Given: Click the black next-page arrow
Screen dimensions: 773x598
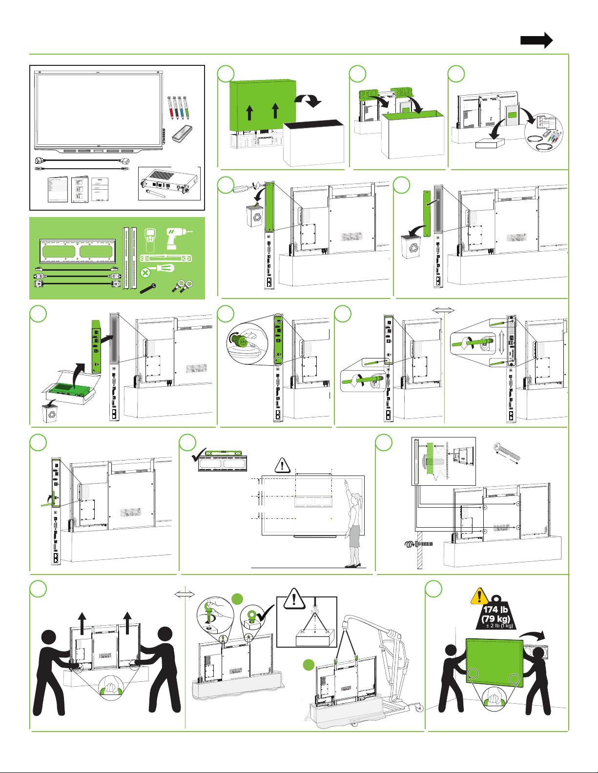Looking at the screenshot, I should click(x=536, y=40).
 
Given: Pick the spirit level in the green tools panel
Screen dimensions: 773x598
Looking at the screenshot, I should click(x=166, y=258).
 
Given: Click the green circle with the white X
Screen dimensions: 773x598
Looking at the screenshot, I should click(x=145, y=273).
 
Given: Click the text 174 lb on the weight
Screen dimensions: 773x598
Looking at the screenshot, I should click(x=495, y=610).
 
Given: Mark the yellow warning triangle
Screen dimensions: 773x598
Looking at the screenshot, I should click(x=479, y=596).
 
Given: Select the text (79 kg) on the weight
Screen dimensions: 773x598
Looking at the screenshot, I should click(x=495, y=619).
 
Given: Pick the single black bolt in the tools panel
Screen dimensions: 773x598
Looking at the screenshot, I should click(x=148, y=288).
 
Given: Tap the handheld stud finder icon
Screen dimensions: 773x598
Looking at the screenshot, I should click(x=150, y=239).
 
